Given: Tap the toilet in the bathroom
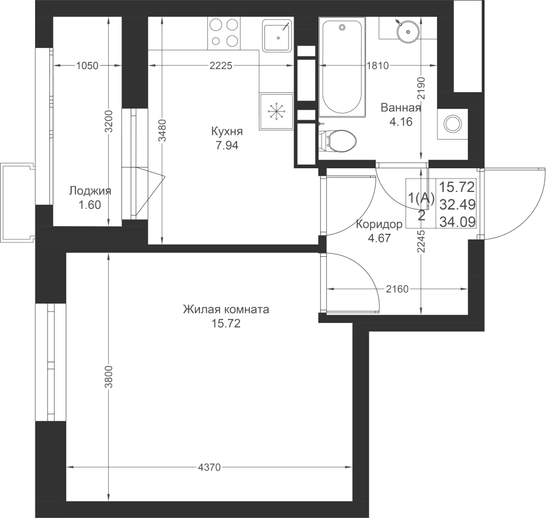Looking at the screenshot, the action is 337,140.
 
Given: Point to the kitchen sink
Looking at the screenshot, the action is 277,36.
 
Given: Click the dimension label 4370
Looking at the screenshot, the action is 209,467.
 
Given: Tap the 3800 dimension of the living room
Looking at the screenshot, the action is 109,377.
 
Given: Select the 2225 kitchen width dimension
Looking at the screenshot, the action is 221,66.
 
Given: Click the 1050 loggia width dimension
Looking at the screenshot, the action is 87,66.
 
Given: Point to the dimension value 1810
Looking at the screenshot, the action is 378,66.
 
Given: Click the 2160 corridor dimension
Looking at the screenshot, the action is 397,289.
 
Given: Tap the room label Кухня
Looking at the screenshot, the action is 227,131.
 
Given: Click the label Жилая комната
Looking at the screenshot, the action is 226,310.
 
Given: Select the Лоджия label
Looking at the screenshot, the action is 90,191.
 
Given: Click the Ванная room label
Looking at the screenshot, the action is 401,107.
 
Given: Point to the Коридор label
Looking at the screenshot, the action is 379,224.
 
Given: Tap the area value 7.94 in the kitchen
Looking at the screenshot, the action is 227,145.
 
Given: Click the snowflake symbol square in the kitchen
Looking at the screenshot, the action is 277,112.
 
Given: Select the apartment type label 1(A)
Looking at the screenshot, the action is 421,199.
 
